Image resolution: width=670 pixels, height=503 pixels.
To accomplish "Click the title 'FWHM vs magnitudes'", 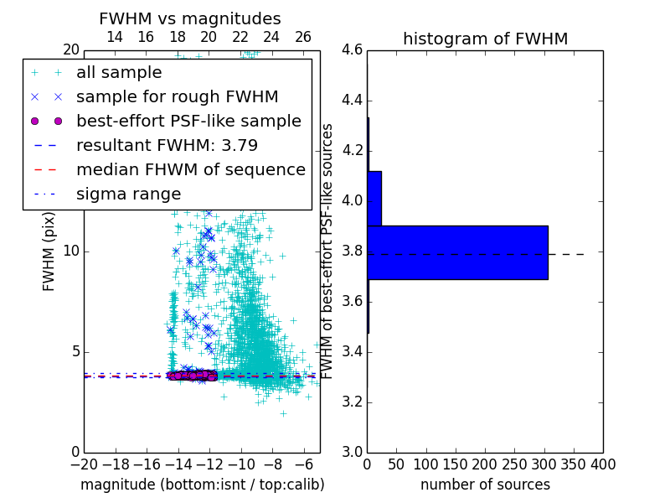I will click(x=190, y=18).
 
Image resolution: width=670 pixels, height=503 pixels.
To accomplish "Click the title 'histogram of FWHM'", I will click(x=485, y=39).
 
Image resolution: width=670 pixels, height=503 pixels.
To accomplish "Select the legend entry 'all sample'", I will click(x=119, y=72).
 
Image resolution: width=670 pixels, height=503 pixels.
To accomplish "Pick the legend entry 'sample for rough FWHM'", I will click(x=177, y=96).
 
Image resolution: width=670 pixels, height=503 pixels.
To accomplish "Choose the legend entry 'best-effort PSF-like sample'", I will click(x=188, y=121).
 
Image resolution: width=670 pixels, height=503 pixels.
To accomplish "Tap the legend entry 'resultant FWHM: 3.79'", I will click(x=167, y=145).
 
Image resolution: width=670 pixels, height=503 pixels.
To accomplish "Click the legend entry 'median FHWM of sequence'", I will click(x=190, y=169).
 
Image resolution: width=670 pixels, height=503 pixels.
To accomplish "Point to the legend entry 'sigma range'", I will click(x=128, y=194).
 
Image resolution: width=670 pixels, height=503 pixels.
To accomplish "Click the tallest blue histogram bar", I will click(x=457, y=252).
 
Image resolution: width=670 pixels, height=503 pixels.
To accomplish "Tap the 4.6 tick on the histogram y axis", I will click(x=352, y=50).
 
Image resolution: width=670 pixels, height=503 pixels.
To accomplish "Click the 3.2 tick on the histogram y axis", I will click(x=352, y=402).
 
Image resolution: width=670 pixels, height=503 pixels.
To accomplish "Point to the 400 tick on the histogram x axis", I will click(x=602, y=464).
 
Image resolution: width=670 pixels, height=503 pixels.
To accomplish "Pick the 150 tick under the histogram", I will click(x=456, y=464).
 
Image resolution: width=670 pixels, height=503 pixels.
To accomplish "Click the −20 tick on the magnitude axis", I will click(x=84, y=464).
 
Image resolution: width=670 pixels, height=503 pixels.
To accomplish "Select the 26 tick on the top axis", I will click(x=303, y=37).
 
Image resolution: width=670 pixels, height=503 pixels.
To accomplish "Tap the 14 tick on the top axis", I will click(x=115, y=37).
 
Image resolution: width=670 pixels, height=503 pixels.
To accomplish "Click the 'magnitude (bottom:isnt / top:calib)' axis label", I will click(x=202, y=485).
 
